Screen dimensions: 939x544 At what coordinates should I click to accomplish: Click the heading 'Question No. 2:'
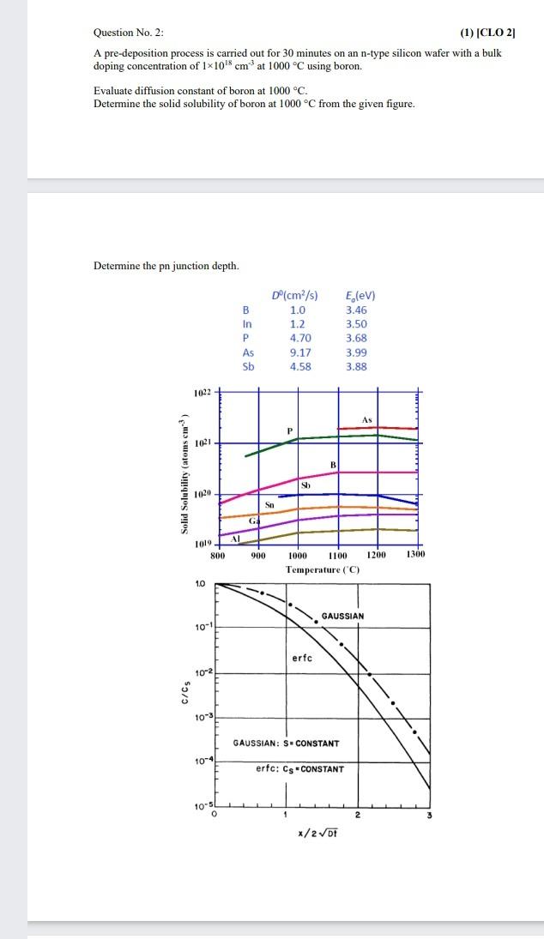click(128, 33)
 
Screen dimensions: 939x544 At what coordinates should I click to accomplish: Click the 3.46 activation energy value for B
click(356, 310)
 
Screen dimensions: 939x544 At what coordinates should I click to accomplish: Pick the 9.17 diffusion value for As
click(300, 352)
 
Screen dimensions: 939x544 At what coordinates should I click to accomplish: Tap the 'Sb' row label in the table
click(248, 366)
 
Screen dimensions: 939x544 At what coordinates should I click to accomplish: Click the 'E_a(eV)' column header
click(360, 296)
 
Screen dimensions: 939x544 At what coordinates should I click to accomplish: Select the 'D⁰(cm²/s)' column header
click(294, 296)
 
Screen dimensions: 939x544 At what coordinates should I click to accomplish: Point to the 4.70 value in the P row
click(300, 338)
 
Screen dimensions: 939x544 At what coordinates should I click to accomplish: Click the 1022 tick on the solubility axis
click(202, 393)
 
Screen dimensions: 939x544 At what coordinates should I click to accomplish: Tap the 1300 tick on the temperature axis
click(415, 555)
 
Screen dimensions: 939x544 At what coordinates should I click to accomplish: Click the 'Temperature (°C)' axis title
click(323, 569)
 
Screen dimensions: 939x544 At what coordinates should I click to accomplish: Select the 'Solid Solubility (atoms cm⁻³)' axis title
click(184, 474)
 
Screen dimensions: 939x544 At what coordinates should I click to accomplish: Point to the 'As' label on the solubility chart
click(367, 419)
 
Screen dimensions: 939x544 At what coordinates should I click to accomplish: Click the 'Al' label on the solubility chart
click(236, 538)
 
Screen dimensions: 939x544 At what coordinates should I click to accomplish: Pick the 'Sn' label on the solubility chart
click(269, 504)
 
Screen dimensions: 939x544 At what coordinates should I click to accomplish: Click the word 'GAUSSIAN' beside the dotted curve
click(342, 616)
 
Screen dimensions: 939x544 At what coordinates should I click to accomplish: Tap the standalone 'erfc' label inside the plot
click(302, 658)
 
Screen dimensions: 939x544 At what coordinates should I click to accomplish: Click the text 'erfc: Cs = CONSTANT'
click(299, 768)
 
